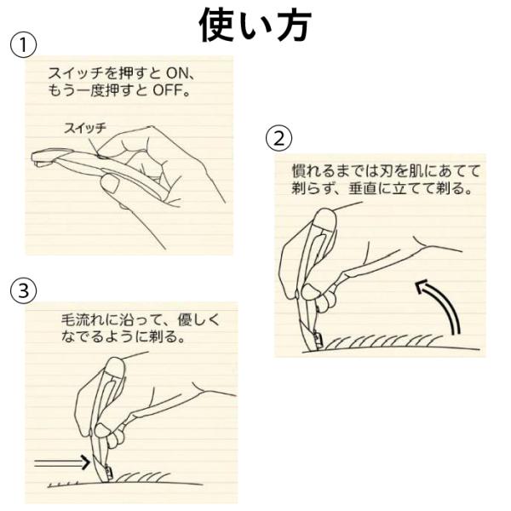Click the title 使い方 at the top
point(255,25)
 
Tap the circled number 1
point(24,45)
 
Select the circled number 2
point(279,138)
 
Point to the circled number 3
point(24,290)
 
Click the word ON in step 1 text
point(177,73)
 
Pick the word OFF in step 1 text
point(167,90)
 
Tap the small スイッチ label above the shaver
point(85,128)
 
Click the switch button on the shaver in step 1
point(103,157)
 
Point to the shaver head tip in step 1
point(37,158)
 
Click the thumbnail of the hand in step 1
point(110,184)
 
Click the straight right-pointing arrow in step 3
point(62,462)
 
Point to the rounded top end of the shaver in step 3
point(115,365)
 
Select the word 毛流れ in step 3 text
point(83,320)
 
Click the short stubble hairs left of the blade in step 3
point(64,484)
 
